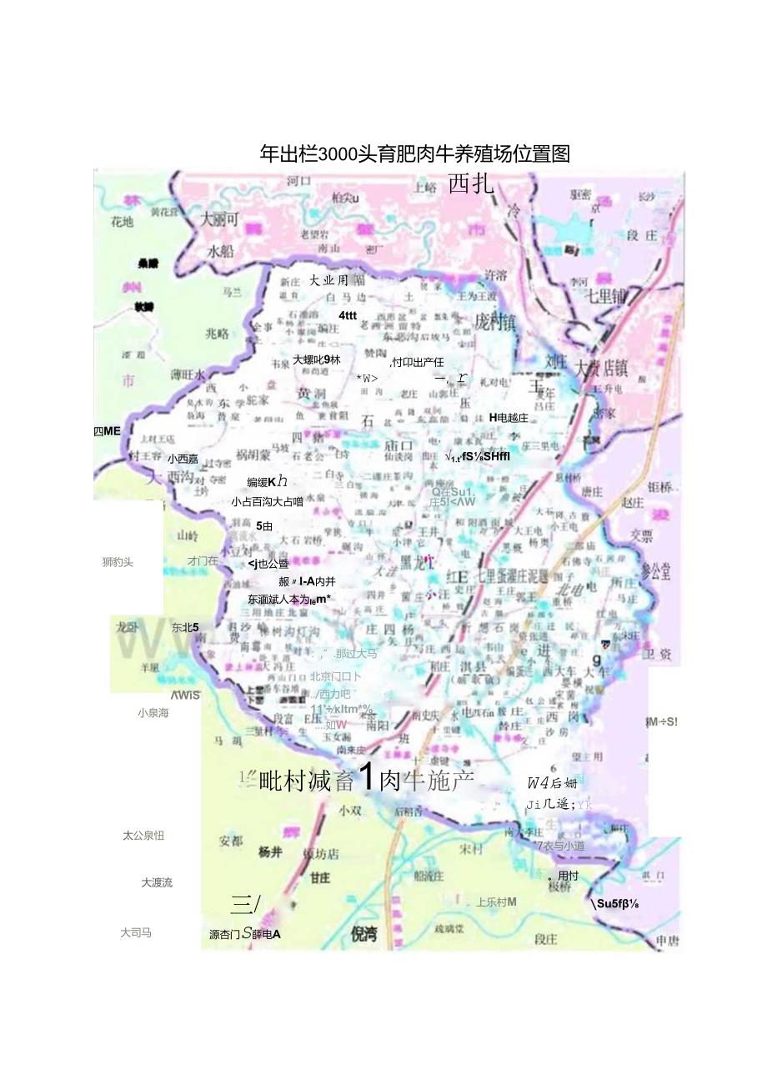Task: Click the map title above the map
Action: click(414, 153)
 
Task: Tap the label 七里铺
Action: click(605, 297)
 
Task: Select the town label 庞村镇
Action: click(495, 323)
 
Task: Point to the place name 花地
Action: click(122, 222)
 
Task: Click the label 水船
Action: click(221, 251)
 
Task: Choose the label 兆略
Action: click(217, 334)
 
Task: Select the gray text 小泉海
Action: click(153, 713)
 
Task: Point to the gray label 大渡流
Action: click(157, 882)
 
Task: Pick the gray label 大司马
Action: click(136, 933)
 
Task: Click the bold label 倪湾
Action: click(364, 934)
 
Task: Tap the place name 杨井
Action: click(270, 852)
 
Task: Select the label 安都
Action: click(231, 841)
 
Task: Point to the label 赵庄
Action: click(633, 503)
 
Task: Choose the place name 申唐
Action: click(667, 942)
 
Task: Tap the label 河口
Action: click(298, 181)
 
